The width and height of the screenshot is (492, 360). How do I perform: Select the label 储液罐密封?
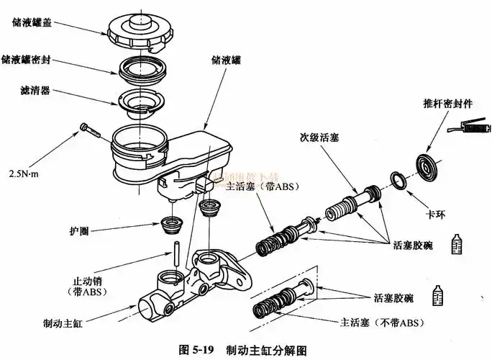coord(41,58)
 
